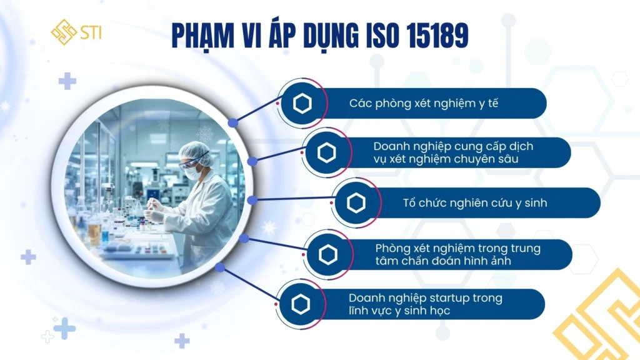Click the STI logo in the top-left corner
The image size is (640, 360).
(76, 32)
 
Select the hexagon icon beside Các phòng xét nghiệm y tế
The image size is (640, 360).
(302, 103)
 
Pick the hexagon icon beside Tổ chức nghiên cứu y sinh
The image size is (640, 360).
(356, 203)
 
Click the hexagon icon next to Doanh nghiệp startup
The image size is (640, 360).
(301, 304)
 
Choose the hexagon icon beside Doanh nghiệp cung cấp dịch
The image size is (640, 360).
(327, 152)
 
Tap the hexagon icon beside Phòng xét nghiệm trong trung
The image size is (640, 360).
(327, 254)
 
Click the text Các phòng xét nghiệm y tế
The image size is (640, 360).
(424, 103)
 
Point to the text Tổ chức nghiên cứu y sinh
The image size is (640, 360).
(475, 203)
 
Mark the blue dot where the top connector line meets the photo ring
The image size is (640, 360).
(232, 122)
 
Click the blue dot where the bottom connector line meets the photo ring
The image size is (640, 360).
(220, 267)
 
